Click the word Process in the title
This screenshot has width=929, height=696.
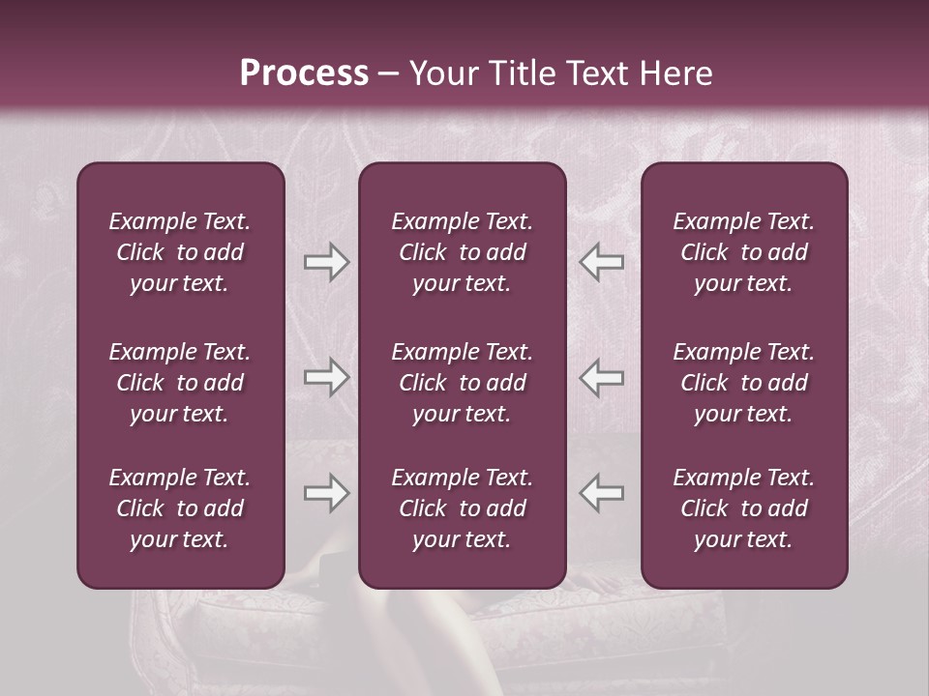[304, 73]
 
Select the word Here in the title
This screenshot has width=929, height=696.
[676, 73]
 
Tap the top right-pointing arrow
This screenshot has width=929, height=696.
[327, 261]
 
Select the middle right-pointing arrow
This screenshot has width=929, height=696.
[327, 378]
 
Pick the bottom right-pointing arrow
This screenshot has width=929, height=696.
[327, 493]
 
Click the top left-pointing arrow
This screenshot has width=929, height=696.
[601, 261]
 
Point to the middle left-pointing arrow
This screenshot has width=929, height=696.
[601, 378]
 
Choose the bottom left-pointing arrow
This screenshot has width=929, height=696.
[601, 493]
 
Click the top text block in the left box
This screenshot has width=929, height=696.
[180, 252]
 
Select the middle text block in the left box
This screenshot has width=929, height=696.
[180, 383]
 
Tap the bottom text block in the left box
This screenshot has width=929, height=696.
[180, 508]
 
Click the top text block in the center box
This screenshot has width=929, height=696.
[462, 252]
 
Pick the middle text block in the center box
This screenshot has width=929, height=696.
[462, 383]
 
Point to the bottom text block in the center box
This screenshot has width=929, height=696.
[462, 508]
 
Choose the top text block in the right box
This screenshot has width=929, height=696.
[743, 252]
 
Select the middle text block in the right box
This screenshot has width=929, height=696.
[743, 383]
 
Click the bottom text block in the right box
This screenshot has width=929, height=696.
[743, 508]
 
